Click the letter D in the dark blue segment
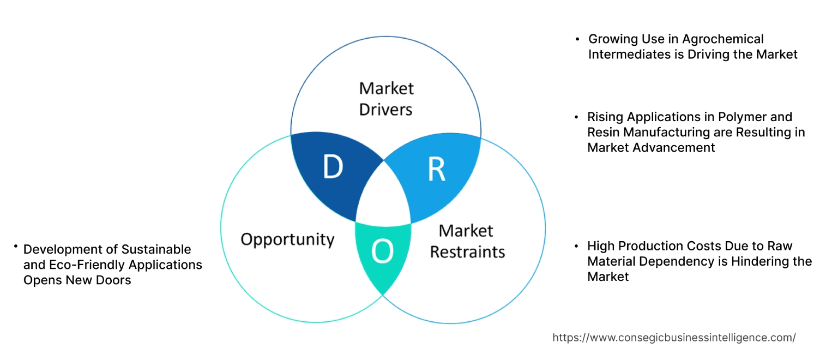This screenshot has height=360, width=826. (333, 167)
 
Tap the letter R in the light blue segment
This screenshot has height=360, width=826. (436, 170)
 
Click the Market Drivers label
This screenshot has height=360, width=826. (386, 99)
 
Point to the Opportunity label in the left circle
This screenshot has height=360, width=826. (287, 239)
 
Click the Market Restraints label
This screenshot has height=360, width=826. (467, 241)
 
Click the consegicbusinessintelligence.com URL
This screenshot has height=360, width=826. (674, 338)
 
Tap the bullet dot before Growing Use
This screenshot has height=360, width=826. (577, 39)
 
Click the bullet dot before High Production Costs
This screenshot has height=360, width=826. (577, 246)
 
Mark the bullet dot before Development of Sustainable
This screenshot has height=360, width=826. (16, 248)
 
